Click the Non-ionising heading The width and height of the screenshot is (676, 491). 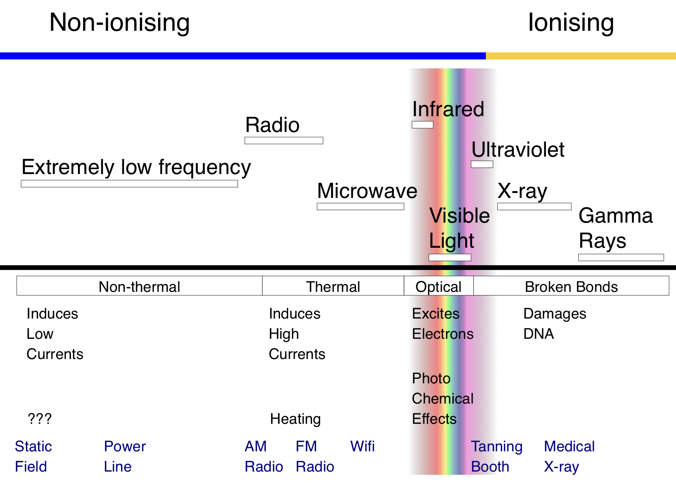click(120, 23)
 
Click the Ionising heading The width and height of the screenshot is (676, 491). click(571, 23)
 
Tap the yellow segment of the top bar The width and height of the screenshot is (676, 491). click(580, 56)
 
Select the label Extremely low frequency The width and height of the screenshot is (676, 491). click(136, 167)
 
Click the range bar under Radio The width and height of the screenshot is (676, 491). click(284, 140)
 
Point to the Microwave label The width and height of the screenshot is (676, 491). click(367, 191)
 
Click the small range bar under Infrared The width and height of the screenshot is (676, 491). click(422, 125)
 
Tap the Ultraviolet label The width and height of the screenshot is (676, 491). click(518, 150)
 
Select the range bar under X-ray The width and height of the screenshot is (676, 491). click(534, 206)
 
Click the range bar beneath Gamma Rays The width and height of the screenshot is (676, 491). click(621, 257)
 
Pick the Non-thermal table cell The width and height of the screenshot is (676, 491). click(139, 287)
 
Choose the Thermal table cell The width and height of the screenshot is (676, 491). click(333, 287)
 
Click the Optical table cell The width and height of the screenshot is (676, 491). click(439, 287)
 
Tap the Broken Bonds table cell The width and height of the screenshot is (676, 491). click(571, 287)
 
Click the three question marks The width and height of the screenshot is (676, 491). click(39, 419)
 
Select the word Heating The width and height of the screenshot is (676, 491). click(295, 419)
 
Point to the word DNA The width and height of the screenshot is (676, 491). click(539, 334)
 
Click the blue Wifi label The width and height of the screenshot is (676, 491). click(362, 446)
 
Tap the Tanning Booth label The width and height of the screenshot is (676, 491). click(496, 456)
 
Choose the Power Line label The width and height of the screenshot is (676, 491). click(124, 456)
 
